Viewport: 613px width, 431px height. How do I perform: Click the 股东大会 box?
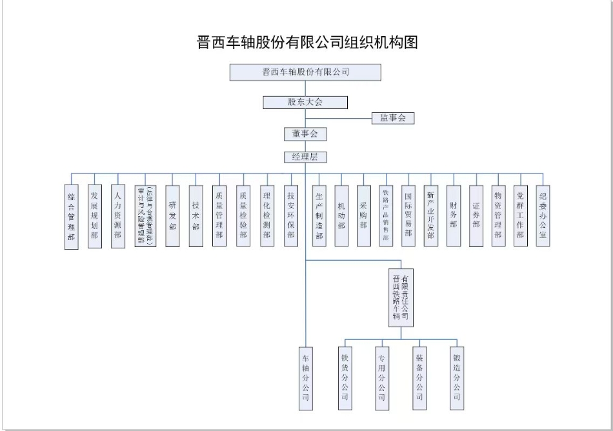point(305,102)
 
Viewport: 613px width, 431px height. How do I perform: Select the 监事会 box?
point(392,118)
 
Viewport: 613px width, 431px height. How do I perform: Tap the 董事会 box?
point(305,134)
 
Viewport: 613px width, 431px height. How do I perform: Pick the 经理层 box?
point(305,157)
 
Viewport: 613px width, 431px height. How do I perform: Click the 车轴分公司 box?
point(305,378)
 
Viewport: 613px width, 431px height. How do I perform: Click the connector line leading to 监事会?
point(339,118)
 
